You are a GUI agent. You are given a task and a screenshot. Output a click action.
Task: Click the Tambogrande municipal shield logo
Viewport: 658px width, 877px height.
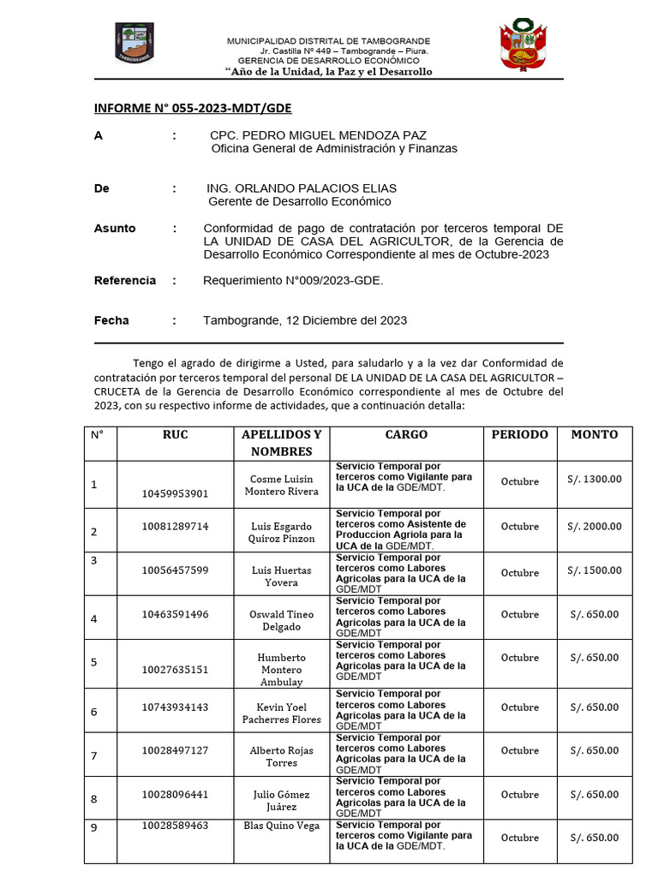[x=134, y=44]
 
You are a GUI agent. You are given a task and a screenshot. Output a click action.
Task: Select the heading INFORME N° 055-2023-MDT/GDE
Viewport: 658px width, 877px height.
[x=192, y=108]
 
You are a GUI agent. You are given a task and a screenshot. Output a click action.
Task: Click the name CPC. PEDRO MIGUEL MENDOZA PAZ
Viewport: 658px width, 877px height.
[x=318, y=135]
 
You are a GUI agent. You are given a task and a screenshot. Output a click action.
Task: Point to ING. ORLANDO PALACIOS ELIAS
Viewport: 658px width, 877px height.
[x=302, y=188]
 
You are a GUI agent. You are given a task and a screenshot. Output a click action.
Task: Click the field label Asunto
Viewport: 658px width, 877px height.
[x=115, y=229]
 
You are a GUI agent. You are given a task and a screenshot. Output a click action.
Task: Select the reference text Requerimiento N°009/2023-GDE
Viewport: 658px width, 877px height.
[x=293, y=281]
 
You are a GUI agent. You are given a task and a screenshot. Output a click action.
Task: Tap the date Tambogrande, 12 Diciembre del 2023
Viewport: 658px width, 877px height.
[x=305, y=320]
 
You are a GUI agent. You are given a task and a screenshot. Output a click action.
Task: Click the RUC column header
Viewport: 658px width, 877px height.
[x=175, y=434]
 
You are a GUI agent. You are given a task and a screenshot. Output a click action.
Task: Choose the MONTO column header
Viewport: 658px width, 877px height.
[x=594, y=434]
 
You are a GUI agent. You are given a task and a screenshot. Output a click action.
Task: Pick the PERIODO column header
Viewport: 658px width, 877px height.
[x=519, y=434]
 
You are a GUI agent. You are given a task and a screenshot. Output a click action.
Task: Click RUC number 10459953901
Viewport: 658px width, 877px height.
[x=175, y=493]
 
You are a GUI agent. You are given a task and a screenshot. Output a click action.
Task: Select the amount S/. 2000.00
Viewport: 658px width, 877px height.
[x=594, y=527]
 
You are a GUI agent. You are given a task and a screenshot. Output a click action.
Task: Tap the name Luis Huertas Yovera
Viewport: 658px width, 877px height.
[x=281, y=576]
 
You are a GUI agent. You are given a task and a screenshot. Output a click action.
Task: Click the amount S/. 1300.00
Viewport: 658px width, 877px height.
[x=594, y=479]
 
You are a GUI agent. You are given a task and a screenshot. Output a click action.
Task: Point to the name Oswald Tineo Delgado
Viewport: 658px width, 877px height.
[x=281, y=620]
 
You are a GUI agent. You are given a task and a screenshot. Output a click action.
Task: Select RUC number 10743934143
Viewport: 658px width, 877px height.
[x=175, y=707]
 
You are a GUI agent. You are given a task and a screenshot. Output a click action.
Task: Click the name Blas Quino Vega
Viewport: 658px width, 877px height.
[x=281, y=826]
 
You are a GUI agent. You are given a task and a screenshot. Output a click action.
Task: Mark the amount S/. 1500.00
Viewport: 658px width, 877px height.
[x=594, y=570]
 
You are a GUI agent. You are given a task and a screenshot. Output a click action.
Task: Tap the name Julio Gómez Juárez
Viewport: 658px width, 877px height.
[x=281, y=800]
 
